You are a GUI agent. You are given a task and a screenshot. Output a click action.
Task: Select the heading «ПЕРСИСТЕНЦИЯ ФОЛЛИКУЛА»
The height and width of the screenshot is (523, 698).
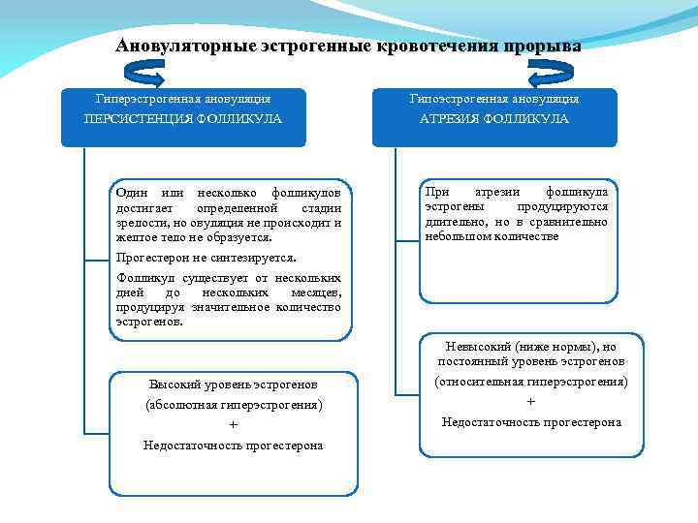pos(183,119)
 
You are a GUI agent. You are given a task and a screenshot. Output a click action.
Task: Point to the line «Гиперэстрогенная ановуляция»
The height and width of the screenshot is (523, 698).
pos(183,99)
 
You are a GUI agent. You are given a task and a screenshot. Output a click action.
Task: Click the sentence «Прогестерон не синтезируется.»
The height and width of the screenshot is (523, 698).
pos(206,259)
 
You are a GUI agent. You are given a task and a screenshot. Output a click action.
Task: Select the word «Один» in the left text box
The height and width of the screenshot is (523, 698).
pos(131,193)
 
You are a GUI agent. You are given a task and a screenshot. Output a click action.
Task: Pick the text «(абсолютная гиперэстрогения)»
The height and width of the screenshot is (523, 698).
pos(233,404)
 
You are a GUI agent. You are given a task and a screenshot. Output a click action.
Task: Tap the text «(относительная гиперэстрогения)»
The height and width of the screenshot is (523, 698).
pos(531,382)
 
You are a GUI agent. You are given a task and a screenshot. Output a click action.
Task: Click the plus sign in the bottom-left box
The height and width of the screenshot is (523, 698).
pos(233,424)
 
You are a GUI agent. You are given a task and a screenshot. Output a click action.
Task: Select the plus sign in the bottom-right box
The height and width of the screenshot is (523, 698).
pos(531,402)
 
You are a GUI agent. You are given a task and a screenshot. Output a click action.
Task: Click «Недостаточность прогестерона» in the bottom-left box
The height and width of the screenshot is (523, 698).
pos(233,446)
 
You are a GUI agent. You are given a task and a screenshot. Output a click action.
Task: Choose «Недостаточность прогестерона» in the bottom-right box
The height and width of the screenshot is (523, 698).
pos(531,422)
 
